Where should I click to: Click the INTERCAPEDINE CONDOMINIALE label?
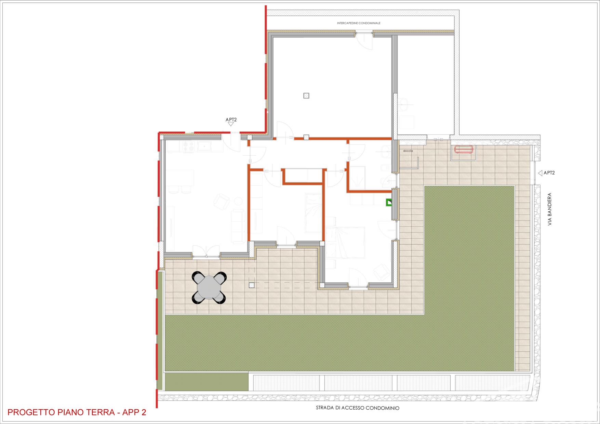pyautogui.click(x=359, y=23)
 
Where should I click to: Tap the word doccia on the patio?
pyautogui.click(x=408, y=151)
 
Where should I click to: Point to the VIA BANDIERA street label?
pyautogui.click(x=550, y=209)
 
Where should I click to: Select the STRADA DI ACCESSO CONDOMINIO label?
pyautogui.click(x=357, y=408)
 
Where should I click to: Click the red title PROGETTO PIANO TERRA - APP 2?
pyautogui.click(x=77, y=412)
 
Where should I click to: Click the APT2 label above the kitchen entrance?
pyautogui.click(x=231, y=119)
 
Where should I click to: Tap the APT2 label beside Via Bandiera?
pyautogui.click(x=549, y=173)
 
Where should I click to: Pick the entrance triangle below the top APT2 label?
pyautogui.click(x=231, y=124)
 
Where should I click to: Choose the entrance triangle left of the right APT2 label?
pyautogui.click(x=540, y=173)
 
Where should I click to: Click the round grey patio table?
pyautogui.click(x=209, y=287)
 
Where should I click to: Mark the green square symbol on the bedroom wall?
pyautogui.click(x=389, y=202)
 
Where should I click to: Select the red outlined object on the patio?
pyautogui.click(x=464, y=149)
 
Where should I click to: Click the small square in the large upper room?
pyautogui.click(x=306, y=96)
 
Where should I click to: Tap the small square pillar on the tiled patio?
pyautogui.click(x=252, y=285)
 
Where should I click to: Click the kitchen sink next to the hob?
pyautogui.click(x=204, y=146)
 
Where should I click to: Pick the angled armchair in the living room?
pyautogui.click(x=222, y=202)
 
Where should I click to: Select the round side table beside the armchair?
pyautogui.click(x=238, y=201)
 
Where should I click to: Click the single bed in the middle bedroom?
pyautogui.click(x=314, y=213)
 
